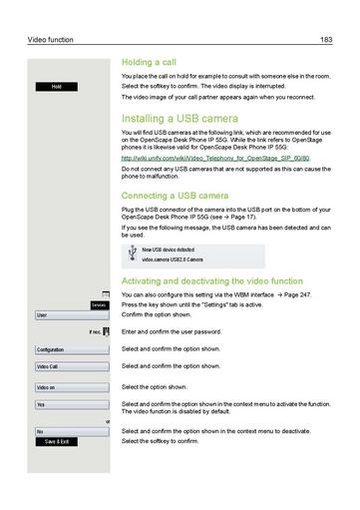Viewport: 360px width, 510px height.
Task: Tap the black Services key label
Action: pyautogui.click(x=98, y=305)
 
